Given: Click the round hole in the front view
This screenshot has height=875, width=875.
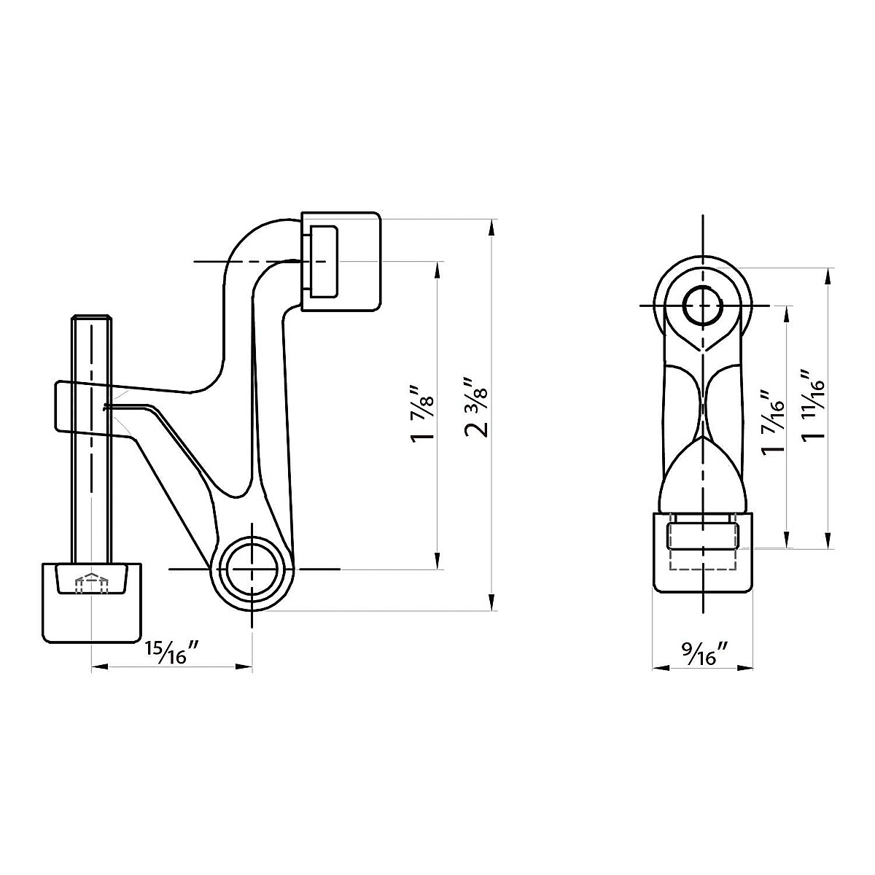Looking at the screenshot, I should coord(702,305).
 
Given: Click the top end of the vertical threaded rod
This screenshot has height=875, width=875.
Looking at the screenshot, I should coord(91,319).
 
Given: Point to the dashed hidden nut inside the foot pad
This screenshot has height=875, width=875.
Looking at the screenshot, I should coord(92,583).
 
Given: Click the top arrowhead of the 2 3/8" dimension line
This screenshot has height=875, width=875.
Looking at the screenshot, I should coord(493,225).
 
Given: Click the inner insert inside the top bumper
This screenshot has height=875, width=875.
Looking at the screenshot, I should coord(322,261).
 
